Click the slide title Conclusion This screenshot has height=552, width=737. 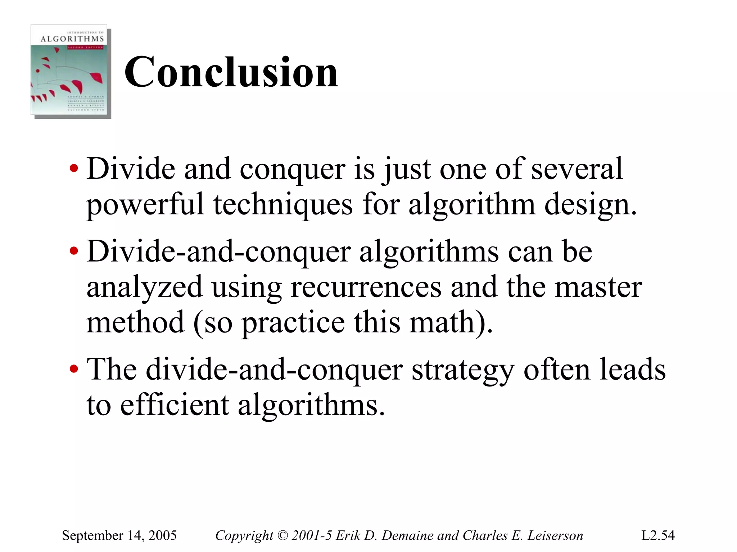coord(231,72)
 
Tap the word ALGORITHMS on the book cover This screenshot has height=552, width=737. coord(72,39)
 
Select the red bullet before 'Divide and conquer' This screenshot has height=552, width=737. coord(74,169)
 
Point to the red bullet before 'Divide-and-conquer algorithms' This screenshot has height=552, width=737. coord(74,251)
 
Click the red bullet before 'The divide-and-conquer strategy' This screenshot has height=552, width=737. coord(74,369)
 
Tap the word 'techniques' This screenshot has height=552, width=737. coord(283,204)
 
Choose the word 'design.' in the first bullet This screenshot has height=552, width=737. coord(590,204)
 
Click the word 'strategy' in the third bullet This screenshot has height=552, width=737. coord(462,369)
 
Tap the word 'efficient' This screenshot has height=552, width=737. coord(174,405)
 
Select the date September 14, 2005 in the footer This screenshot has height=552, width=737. coord(119,535)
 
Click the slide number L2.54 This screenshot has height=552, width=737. coord(658,535)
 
